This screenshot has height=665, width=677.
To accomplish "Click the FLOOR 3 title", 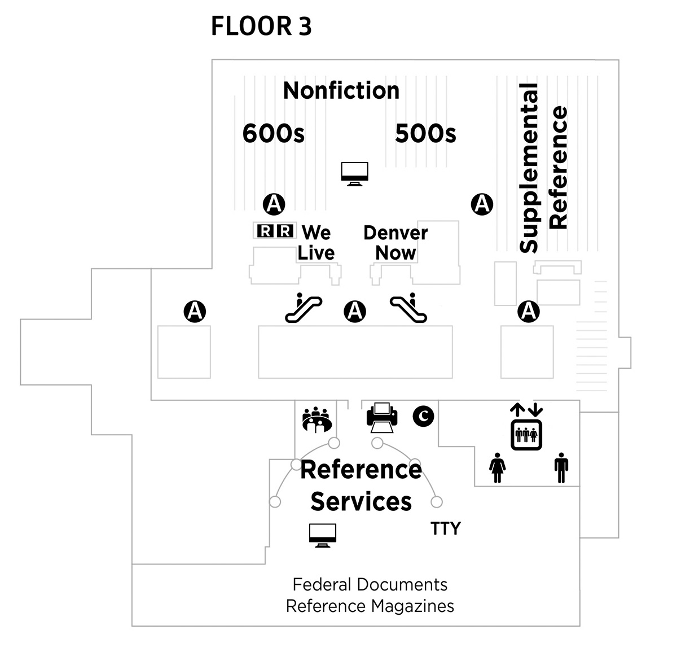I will [x=261, y=27].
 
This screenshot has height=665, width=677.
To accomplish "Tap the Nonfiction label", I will [x=341, y=90].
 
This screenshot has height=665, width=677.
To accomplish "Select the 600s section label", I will [x=273, y=134].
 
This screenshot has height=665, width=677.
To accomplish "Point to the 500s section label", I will [x=425, y=134].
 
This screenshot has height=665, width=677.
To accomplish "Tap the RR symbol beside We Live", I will [x=275, y=230].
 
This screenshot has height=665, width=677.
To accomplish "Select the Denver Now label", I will [x=395, y=243].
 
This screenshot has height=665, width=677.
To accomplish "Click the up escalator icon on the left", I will [x=303, y=308].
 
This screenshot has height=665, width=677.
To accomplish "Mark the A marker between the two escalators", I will [x=355, y=311].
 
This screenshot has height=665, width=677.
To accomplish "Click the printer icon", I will [x=382, y=417].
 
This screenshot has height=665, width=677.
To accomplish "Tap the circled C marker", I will [x=423, y=416].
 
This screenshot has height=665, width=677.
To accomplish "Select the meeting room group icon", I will [x=316, y=420].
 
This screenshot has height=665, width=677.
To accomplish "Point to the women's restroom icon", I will [x=497, y=467].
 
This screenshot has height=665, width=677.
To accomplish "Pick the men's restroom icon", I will [x=561, y=467].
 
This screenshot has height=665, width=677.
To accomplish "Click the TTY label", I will [x=446, y=528].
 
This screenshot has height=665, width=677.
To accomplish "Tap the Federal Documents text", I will [x=370, y=584].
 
